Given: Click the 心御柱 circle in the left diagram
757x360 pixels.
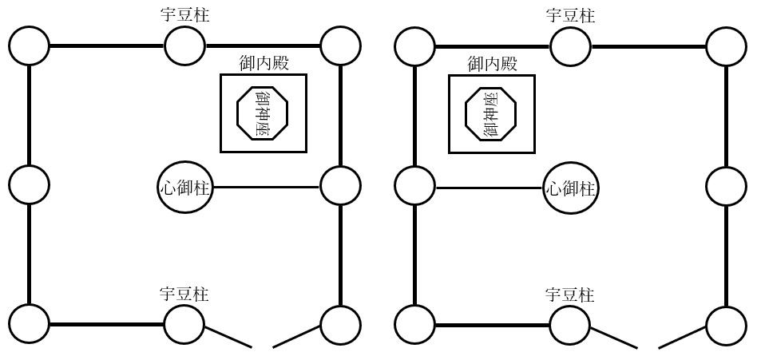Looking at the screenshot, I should pos(185,188).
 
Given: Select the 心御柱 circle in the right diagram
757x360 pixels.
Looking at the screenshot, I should pos(571,188).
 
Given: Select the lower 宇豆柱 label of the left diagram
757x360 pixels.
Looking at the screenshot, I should pos(184,295).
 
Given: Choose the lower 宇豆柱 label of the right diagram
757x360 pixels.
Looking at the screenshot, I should pos(570,295).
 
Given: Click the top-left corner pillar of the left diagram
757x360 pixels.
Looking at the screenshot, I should pos(30,46).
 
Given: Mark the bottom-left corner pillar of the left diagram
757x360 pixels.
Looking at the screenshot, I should pos(30,325).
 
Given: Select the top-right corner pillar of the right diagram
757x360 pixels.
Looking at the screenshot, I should pos(726,46).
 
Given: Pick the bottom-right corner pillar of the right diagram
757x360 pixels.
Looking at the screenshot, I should pos(726,325).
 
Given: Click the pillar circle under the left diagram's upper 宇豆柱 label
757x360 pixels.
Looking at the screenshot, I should pos(184,46).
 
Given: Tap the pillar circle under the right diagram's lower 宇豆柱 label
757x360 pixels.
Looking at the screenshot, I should pos(570,325).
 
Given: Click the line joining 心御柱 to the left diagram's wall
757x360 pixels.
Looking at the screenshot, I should pos(268,188).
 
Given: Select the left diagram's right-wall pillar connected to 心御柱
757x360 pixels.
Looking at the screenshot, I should pos(340,186).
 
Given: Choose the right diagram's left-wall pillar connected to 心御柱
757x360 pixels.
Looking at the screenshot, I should pos(415,186).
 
